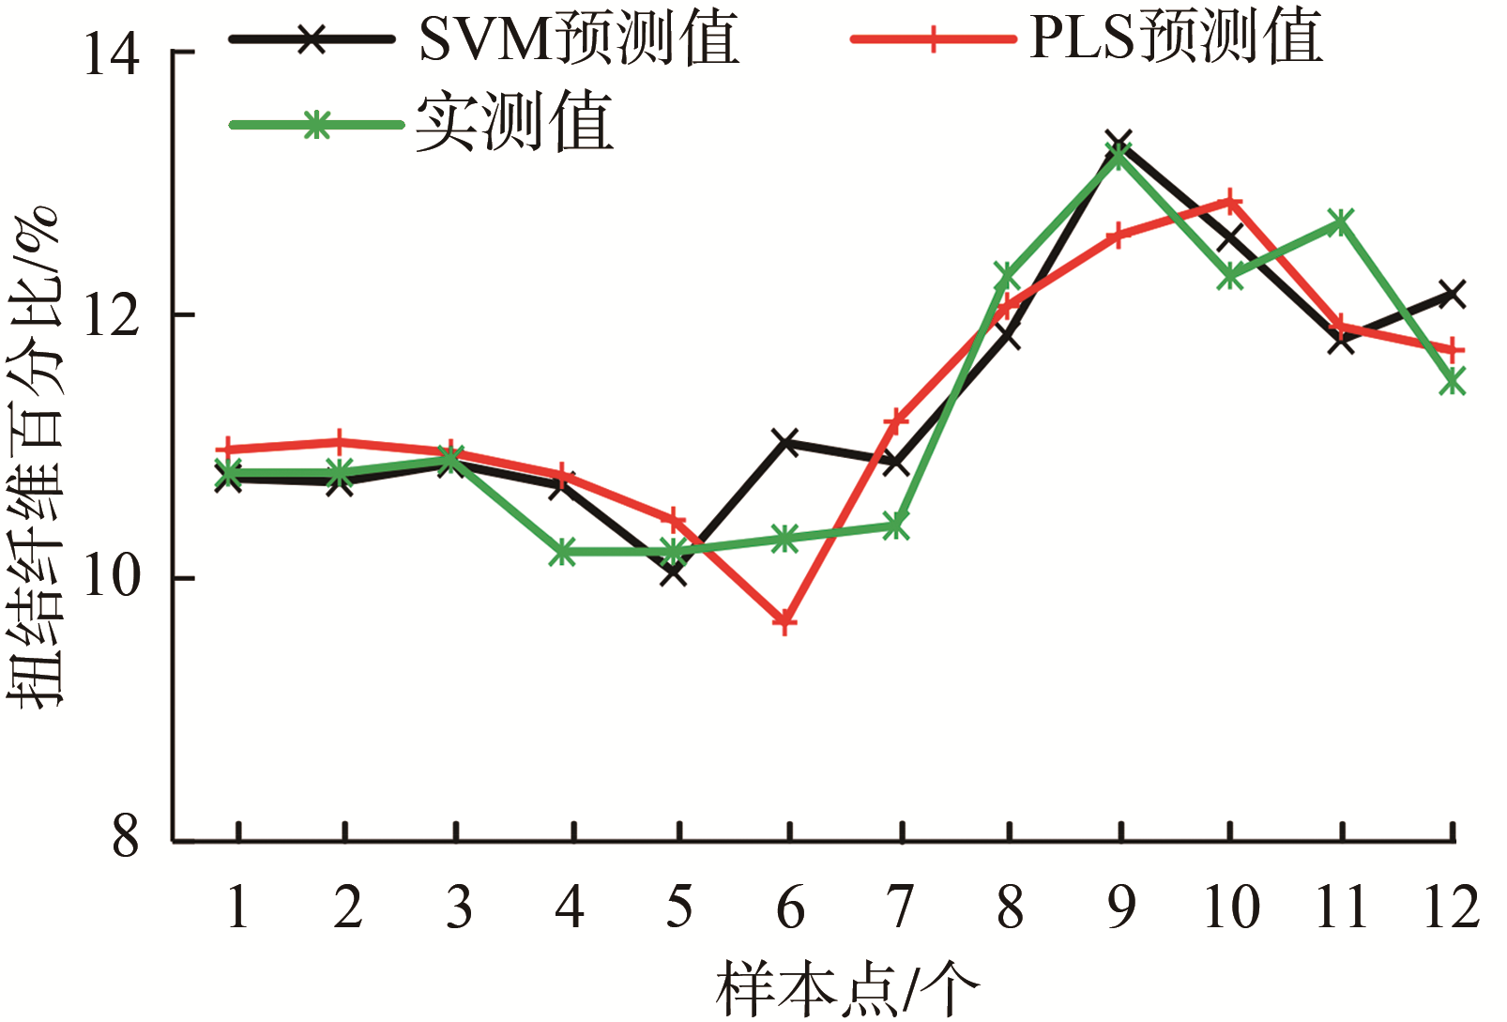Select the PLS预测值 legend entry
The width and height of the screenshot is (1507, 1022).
[1088, 38]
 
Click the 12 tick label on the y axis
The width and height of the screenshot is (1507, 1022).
[111, 315]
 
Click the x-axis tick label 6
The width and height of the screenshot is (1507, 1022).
[790, 907]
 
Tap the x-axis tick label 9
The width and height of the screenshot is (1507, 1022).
[1121, 907]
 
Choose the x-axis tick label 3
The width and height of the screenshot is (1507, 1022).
[459, 907]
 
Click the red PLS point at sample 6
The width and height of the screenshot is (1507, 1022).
[784, 622]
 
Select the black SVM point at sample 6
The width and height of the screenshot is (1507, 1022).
[785, 442]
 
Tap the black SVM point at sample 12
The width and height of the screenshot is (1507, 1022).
[1452, 294]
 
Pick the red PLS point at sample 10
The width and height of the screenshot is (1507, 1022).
[1230, 201]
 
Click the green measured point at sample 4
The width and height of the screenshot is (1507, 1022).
[562, 551]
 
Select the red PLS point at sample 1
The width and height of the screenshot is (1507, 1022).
[229, 449]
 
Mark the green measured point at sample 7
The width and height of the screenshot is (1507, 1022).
[895, 526]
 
